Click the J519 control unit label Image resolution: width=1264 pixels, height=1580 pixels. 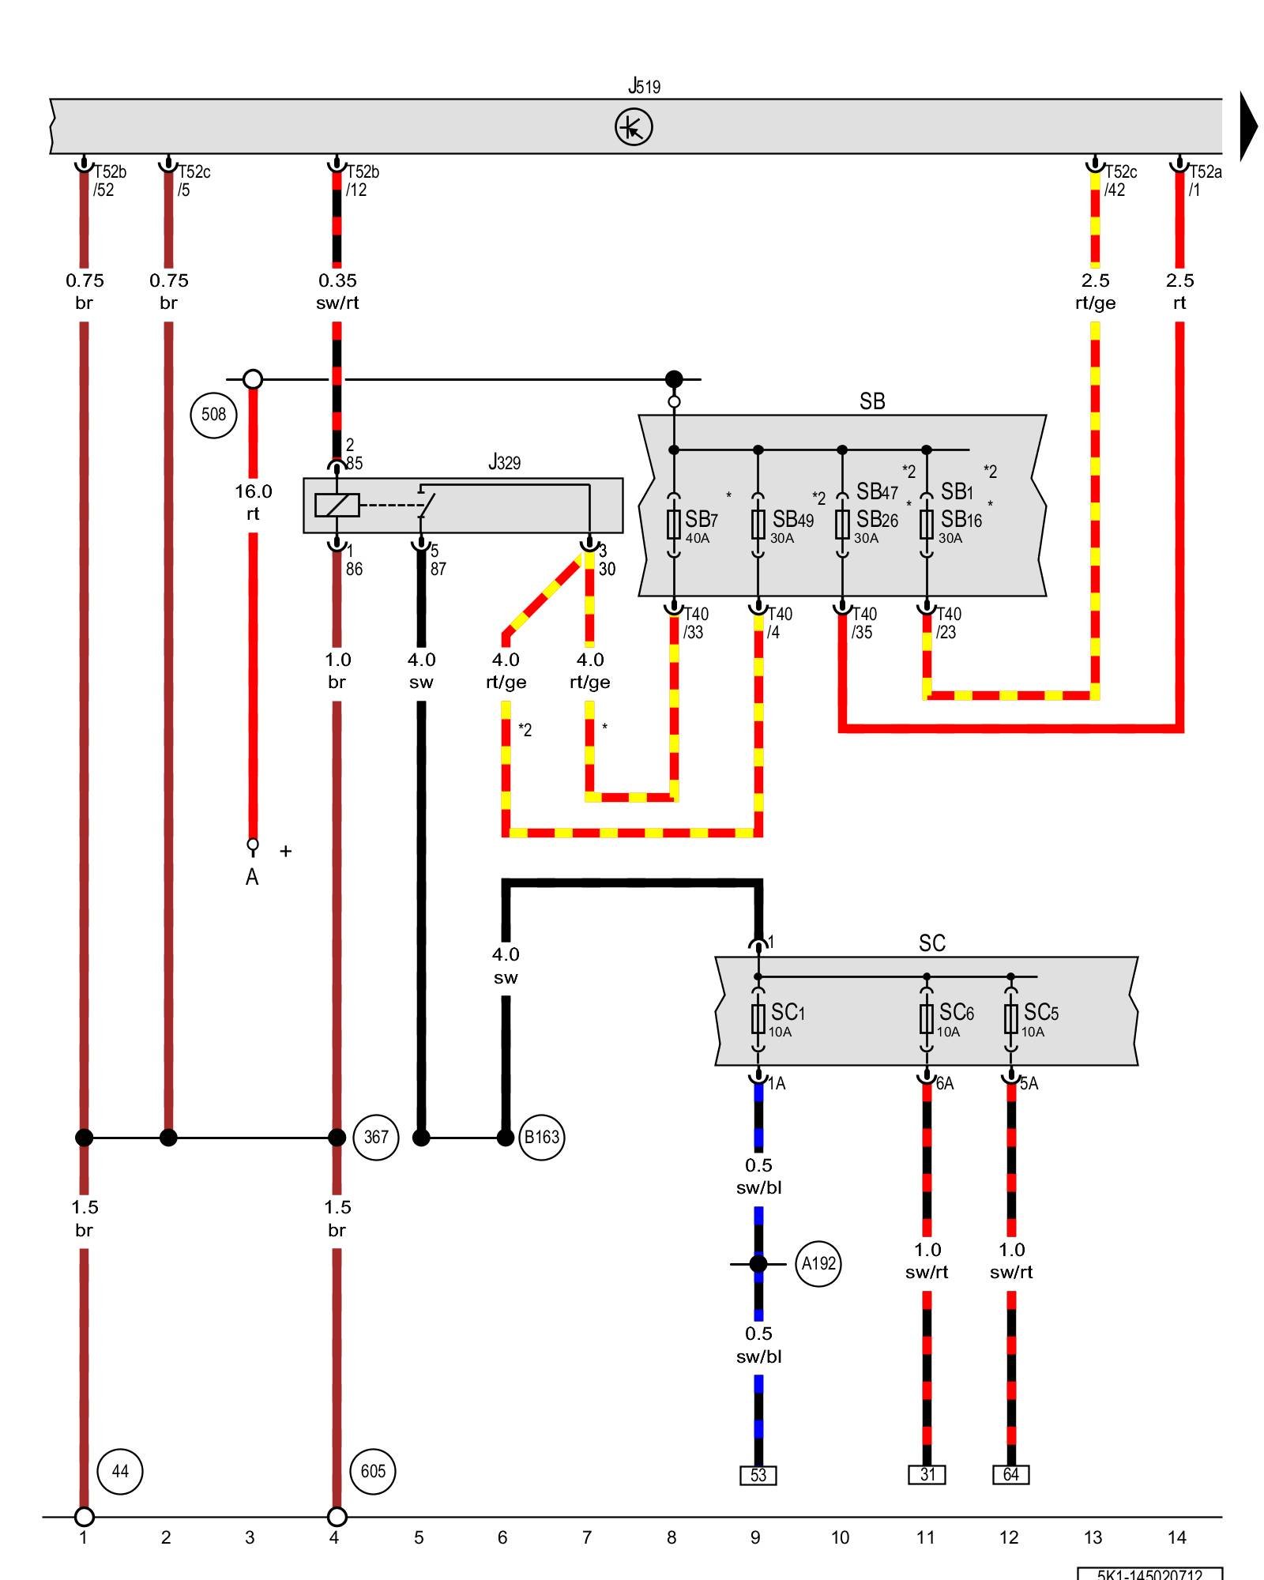(644, 85)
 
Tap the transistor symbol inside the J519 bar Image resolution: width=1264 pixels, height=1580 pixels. (634, 127)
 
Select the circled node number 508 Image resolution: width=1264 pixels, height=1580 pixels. (213, 414)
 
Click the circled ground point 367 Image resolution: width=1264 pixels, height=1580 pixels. (375, 1137)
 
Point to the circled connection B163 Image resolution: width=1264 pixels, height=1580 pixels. (542, 1137)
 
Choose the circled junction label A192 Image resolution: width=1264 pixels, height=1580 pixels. (818, 1263)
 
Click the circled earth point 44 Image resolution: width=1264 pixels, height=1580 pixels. (119, 1471)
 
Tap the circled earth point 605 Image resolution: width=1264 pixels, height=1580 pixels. (373, 1471)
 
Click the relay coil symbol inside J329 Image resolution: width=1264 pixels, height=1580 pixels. (337, 505)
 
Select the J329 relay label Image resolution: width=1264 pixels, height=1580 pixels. (504, 462)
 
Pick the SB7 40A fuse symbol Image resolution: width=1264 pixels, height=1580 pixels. (674, 524)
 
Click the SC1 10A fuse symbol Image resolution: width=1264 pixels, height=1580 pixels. (758, 1019)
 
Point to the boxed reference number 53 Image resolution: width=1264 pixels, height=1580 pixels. (758, 1475)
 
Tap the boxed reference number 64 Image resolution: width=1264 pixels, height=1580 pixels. (1011, 1474)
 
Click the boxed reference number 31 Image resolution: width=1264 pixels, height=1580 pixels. (927, 1474)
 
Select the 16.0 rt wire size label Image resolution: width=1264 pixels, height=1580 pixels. (253, 502)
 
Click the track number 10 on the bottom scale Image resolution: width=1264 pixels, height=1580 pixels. (840, 1537)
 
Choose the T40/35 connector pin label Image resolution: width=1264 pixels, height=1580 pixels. (863, 623)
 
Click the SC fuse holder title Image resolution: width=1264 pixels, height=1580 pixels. (931, 942)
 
